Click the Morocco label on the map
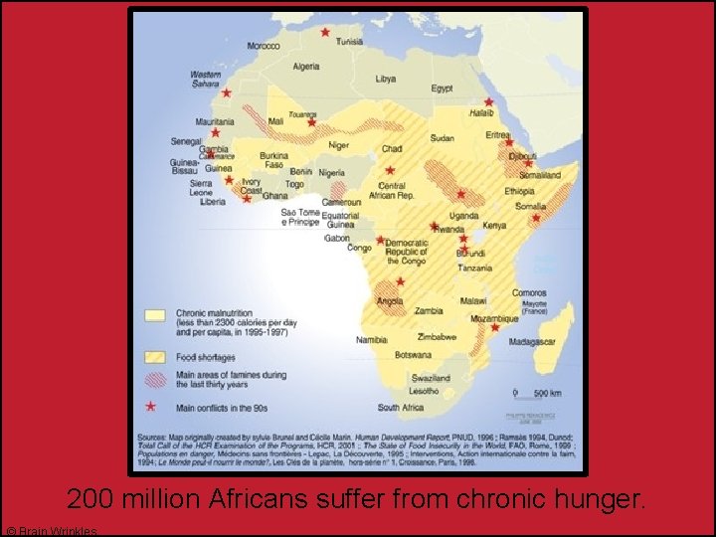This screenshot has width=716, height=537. coord(264,46)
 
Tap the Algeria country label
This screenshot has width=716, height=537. coord(306,67)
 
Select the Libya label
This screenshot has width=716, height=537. coord(385,79)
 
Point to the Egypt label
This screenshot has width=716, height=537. coord(442,89)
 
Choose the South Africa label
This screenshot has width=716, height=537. coord(401,408)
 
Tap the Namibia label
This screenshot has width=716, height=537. coord(372,340)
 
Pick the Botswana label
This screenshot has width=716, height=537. coord(413,354)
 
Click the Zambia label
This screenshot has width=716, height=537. coord(429,310)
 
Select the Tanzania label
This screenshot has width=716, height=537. coord(474,268)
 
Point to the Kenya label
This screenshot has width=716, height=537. coord(494,226)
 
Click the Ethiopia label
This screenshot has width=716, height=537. coord(519,191)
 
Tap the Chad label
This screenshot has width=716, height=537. coord(392,148)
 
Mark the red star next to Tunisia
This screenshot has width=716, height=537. coord(325,31)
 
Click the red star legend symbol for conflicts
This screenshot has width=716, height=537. coord(152,406)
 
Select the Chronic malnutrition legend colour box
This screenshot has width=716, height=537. coord(154,315)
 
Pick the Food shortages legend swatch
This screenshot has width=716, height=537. coord(154,356)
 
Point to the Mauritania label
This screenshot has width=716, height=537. coord(215,121)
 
